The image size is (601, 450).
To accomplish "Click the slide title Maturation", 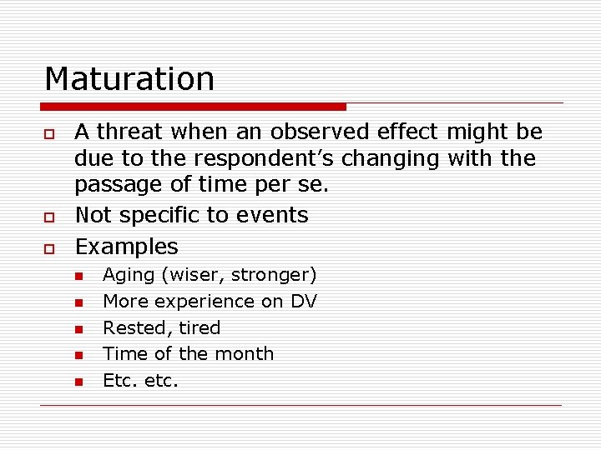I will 129,79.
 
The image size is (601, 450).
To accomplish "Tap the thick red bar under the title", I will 194,107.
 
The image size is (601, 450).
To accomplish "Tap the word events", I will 275,215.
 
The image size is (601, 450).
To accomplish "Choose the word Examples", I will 126,247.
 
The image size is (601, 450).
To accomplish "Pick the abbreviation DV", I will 304,301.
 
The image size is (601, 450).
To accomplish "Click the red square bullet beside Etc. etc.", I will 78,382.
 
